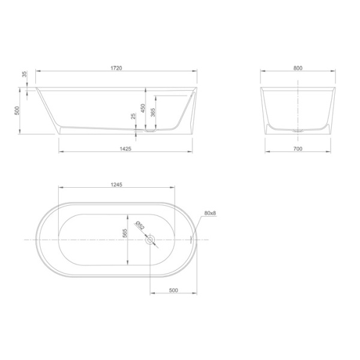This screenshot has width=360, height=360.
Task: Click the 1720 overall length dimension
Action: pos(117,68)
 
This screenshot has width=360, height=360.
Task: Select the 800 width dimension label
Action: pos(298,68)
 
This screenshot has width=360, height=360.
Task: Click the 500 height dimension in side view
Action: pos(18,110)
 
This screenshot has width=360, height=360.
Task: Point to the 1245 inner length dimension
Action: pos(116,185)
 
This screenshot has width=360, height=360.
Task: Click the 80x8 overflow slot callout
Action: pos(209,213)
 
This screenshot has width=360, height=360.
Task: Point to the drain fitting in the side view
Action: pos(148,128)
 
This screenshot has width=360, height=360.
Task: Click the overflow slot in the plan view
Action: pos(191,239)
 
